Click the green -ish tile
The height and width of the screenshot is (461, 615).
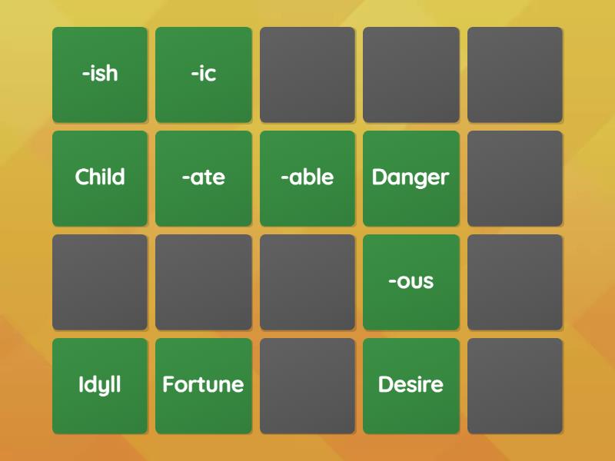(x=100, y=75)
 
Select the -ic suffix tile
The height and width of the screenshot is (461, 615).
(x=204, y=75)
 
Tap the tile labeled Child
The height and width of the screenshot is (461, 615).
(x=100, y=178)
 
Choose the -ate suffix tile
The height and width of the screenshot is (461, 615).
(x=204, y=178)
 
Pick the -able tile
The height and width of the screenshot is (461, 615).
(x=307, y=178)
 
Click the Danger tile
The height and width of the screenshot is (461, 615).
(x=411, y=178)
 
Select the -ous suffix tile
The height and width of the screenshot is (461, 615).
(x=411, y=282)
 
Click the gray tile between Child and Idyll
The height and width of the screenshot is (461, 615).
(x=100, y=282)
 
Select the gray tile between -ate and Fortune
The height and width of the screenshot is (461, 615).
(x=204, y=282)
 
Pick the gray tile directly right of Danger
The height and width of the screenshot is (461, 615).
(x=515, y=178)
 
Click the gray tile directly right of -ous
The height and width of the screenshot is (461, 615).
(x=515, y=282)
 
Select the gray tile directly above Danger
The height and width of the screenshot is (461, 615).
(x=411, y=75)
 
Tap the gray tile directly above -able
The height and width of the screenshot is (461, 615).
(x=307, y=75)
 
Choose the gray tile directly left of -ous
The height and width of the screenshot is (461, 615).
(x=307, y=282)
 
